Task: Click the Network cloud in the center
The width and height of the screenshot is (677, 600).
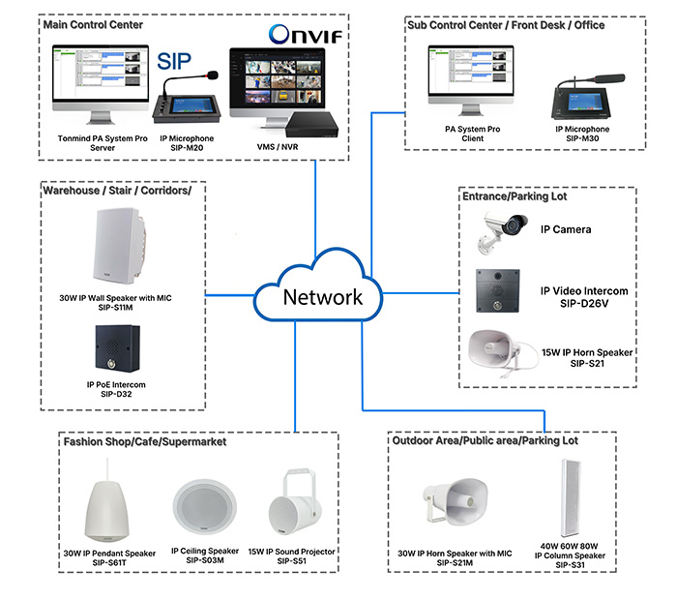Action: pos(323,290)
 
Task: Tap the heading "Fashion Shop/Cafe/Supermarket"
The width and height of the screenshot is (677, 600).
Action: pos(145,441)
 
